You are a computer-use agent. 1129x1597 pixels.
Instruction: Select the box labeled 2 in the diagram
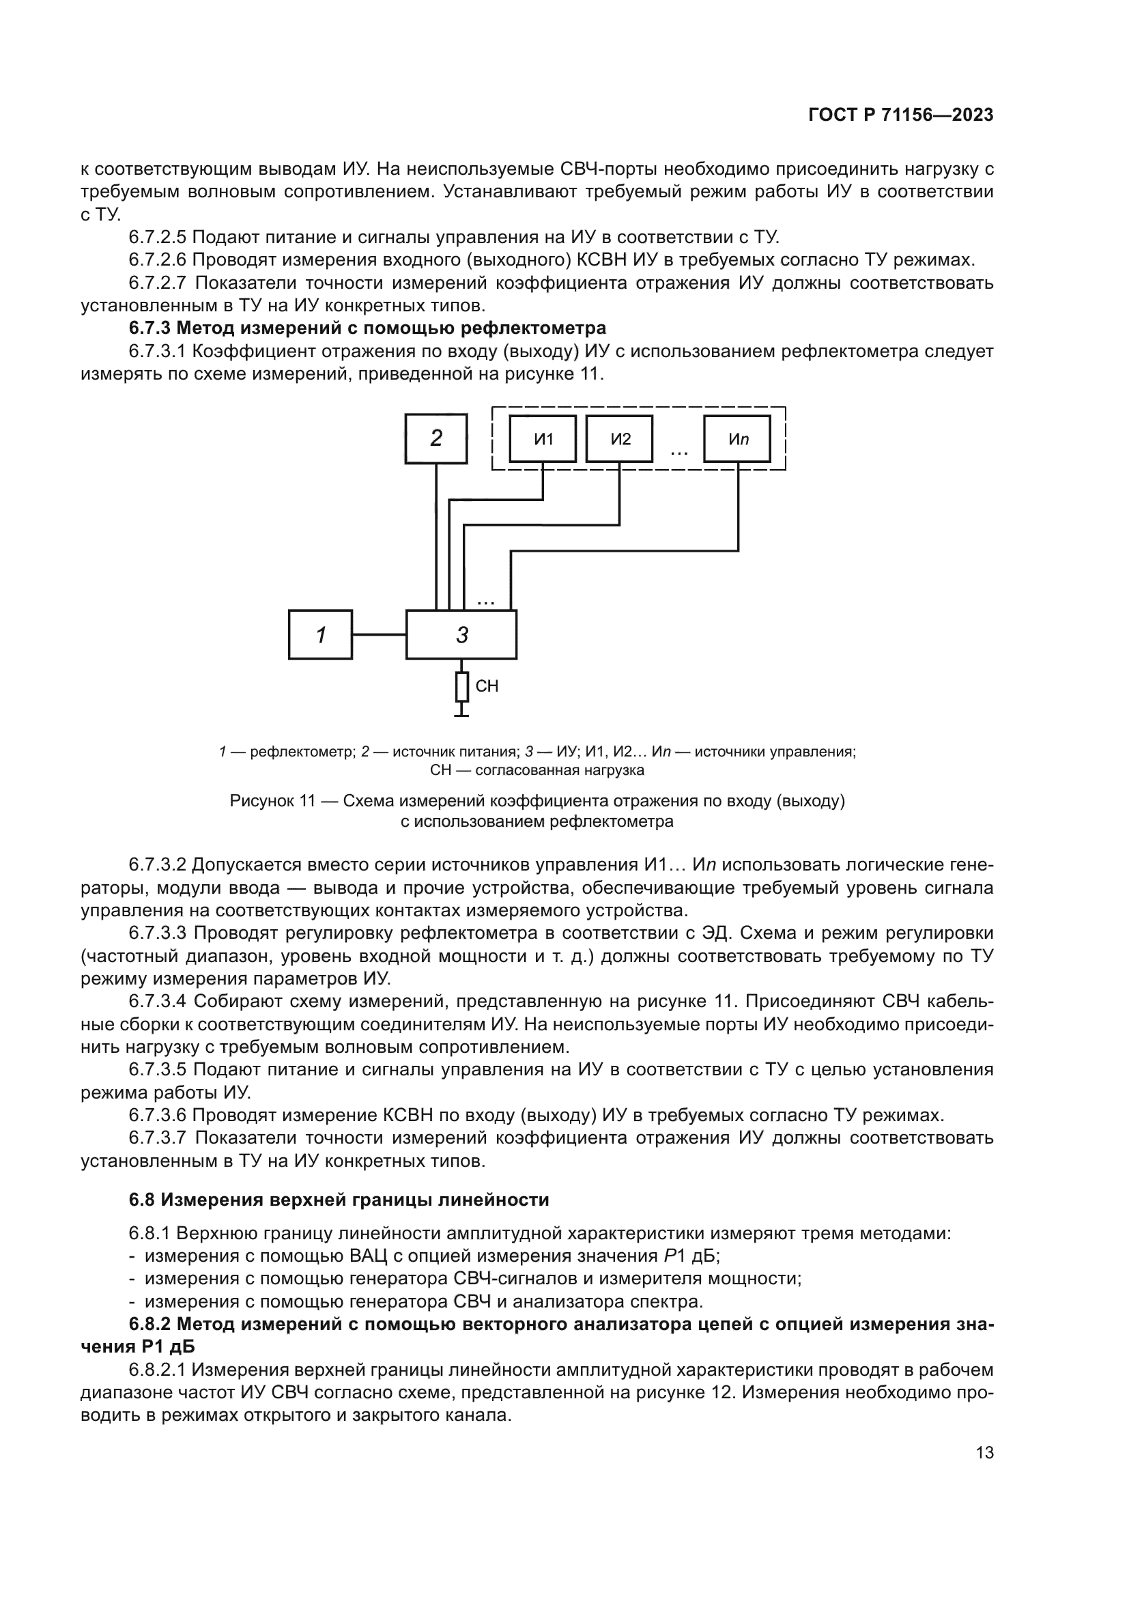(436, 438)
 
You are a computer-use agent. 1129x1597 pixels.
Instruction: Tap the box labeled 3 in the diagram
(461, 634)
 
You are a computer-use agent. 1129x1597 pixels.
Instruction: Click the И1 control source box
(542, 439)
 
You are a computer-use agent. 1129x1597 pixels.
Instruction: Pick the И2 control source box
(619, 439)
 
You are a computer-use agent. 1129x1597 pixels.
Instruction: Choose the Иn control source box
(737, 439)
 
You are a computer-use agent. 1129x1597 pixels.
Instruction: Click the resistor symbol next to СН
(461, 686)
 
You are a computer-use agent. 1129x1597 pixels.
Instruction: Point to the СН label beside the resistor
(487, 686)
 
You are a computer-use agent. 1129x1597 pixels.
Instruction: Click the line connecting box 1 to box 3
(379, 634)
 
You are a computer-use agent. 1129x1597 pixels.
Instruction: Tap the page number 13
(984, 1453)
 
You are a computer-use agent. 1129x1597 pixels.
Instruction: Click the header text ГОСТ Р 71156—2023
(901, 115)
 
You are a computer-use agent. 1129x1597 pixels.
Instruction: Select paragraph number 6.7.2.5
(157, 237)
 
